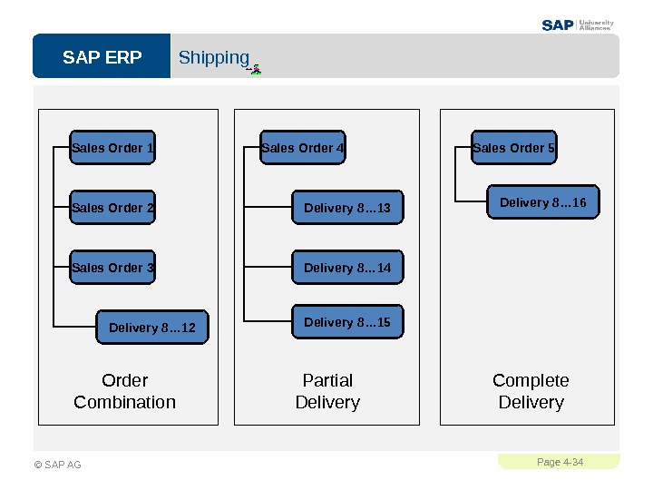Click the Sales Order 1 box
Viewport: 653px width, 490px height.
click(112, 147)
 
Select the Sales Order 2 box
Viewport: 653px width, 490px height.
click(112, 207)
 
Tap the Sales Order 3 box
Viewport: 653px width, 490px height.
click(112, 267)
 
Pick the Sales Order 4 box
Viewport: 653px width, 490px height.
click(303, 147)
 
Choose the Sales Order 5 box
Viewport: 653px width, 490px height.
click(514, 147)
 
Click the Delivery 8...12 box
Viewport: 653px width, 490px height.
click(152, 327)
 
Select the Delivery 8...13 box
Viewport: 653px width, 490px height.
click(347, 207)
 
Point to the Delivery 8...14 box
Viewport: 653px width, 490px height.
click(347, 267)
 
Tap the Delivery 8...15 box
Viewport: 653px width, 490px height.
click(347, 321)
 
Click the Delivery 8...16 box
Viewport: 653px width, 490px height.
click(543, 202)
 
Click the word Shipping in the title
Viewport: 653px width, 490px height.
click(214, 58)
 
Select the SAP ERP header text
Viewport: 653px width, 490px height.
click(102, 57)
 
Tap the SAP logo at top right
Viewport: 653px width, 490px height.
click(558, 25)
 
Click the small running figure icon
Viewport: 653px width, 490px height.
click(255, 70)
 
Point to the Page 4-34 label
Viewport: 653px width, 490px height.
click(560, 462)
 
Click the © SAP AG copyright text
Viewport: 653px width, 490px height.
click(57, 465)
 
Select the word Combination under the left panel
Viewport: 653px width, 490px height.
click(124, 403)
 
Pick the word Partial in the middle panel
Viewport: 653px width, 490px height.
click(327, 380)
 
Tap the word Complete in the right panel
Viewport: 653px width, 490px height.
click(531, 381)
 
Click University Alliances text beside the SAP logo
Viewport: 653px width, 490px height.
click(597, 25)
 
